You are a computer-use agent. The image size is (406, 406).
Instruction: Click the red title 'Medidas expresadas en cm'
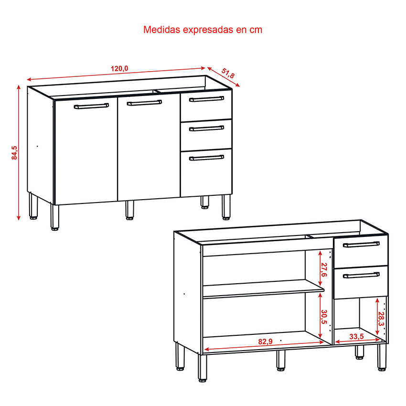[203, 30]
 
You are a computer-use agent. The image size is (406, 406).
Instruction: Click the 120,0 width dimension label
[119, 69]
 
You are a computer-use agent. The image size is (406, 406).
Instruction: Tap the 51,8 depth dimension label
[228, 73]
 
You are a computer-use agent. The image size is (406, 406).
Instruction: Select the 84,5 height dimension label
[14, 152]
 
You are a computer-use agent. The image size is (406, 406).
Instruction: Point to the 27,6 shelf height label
[324, 269]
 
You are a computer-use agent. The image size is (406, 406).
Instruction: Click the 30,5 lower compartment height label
[324, 317]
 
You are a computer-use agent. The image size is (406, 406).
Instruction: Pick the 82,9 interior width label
[266, 342]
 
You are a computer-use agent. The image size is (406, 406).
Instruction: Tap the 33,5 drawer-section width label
[356, 337]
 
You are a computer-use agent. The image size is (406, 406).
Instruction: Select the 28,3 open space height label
[381, 319]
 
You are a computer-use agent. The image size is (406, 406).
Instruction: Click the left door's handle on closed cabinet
[91, 106]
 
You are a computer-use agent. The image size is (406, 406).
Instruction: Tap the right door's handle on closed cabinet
[144, 103]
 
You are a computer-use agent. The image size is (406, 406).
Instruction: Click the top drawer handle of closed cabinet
[206, 99]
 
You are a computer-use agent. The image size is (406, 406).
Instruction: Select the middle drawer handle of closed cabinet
[206, 128]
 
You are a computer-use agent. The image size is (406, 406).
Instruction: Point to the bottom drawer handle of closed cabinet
[206, 158]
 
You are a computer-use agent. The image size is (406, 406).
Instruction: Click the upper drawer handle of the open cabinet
[361, 244]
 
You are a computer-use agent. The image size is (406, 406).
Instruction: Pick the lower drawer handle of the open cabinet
[361, 275]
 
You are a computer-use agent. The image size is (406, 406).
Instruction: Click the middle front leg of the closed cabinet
[130, 210]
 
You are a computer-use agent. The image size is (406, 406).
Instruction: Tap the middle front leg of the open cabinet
[280, 361]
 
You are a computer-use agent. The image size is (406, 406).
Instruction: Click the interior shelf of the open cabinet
[263, 289]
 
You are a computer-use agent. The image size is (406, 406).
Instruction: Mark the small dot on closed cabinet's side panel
[37, 146]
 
